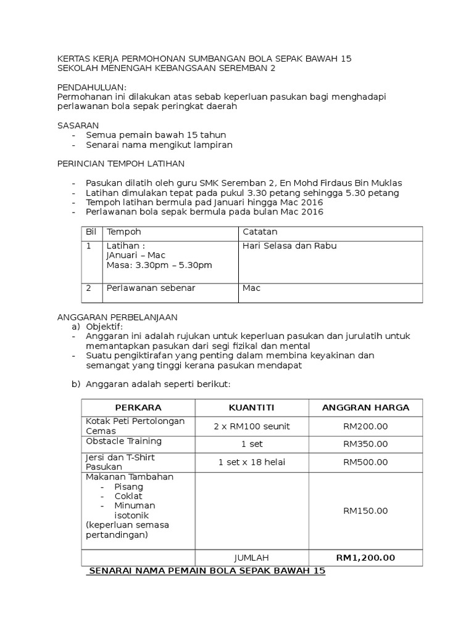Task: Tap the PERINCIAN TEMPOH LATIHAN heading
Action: point(120,163)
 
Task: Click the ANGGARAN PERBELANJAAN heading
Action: point(117,317)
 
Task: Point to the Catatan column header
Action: point(260,232)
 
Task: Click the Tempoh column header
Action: point(124,232)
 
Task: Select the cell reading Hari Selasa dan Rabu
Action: point(289,246)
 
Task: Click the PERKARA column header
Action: point(138,408)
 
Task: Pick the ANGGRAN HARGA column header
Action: point(365,408)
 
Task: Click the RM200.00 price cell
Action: point(365,426)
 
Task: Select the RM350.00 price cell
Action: point(365,444)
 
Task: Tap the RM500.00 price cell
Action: point(365,462)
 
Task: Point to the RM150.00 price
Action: point(365,510)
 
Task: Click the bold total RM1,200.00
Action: point(365,558)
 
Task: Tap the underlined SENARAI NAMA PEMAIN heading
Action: point(207,571)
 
